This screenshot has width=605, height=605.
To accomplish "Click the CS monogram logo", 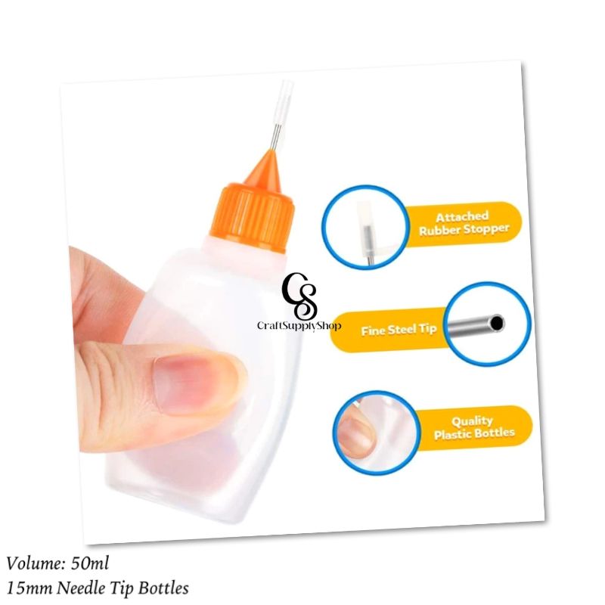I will (299, 296).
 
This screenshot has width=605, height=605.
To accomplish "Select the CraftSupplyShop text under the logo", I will (299, 325).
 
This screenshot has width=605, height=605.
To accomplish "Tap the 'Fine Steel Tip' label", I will (398, 330).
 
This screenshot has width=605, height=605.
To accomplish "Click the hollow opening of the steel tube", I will (496, 324).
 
